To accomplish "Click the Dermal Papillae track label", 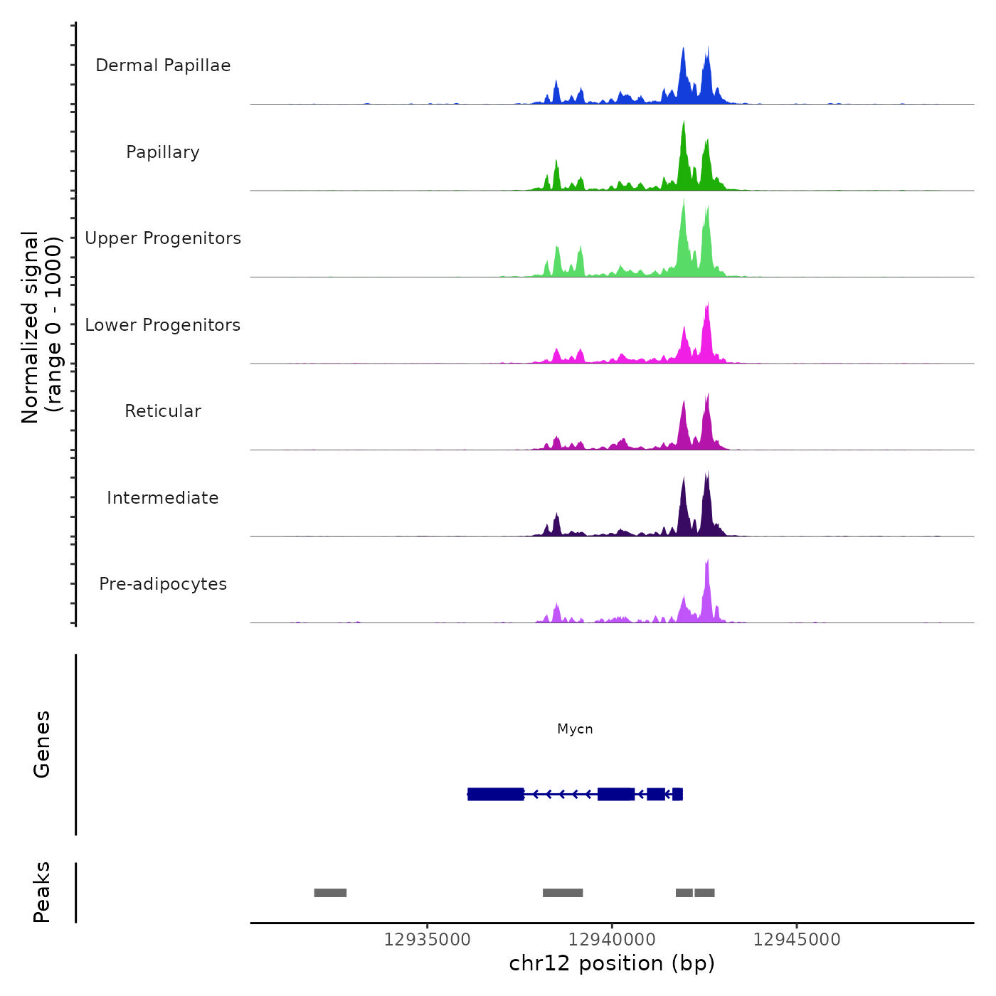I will (163, 65).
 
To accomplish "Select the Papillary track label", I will (163, 152).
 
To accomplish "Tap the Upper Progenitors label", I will (163, 238).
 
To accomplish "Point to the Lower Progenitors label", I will (163, 325).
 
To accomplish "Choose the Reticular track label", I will (163, 411).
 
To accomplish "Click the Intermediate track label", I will (163, 498).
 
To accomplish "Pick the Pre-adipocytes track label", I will (163, 584).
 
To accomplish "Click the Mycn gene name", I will (575, 729).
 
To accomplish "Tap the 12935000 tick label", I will (427, 940).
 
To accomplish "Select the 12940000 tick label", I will (612, 940).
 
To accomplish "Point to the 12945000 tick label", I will (797, 940).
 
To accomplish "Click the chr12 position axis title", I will (612, 964).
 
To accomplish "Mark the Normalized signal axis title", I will (41, 327).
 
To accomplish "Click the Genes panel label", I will (41, 744).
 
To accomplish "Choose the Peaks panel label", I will (41, 892).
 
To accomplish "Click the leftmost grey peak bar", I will (330, 893).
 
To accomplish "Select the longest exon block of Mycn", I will (496, 794).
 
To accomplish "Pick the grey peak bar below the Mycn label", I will (563, 893).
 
